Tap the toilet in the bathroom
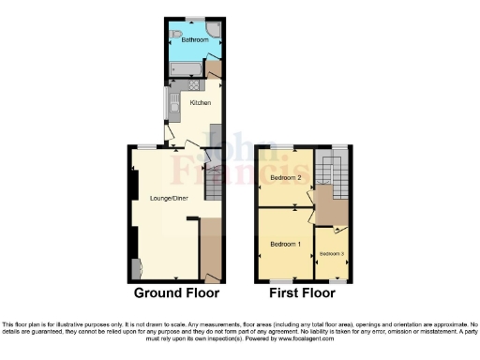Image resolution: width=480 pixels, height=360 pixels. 176,35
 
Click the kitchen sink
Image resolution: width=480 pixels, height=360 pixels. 172,112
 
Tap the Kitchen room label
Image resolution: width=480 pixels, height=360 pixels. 200,102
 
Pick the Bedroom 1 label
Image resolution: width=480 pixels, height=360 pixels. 285,244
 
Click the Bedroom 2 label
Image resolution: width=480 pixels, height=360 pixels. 284,177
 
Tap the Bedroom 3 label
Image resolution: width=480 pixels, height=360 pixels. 331,254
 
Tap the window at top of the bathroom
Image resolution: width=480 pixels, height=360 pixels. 195,19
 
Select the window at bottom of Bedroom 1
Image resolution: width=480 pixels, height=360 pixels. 284,280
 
